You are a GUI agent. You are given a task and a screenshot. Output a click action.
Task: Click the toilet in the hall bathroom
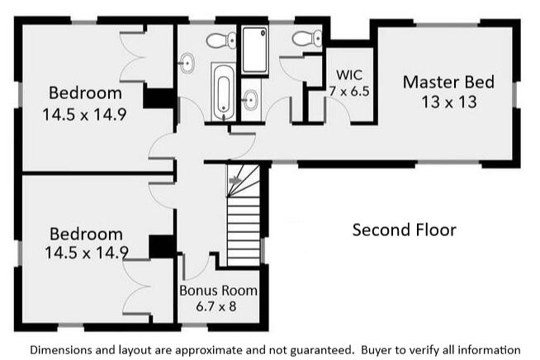tap(217, 40)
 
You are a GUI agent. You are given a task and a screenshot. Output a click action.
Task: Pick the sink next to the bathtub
tap(250, 102)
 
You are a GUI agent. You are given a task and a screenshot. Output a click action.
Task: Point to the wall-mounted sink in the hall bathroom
tap(187, 61)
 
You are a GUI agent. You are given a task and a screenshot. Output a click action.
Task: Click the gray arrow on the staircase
tap(236, 178)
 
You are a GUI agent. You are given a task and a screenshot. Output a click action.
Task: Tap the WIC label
tap(343, 73)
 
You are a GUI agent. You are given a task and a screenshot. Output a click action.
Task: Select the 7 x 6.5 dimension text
tap(344, 88)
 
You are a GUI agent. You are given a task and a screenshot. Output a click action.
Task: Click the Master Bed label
tap(448, 83)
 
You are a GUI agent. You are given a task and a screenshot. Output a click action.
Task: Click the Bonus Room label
tap(219, 291)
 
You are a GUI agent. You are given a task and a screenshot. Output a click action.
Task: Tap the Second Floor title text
tap(404, 230)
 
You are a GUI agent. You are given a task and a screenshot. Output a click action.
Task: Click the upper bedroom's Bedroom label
tap(84, 92)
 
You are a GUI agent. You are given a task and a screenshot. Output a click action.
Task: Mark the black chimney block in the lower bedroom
tap(160, 246)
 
